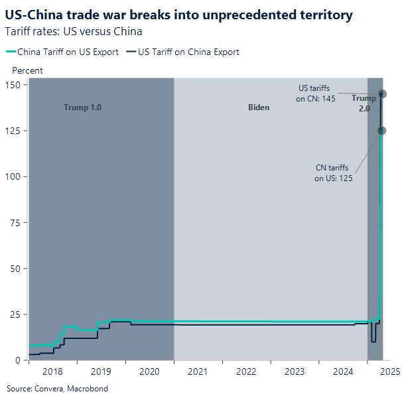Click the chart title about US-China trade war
[178, 15]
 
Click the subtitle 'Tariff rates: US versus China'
[74, 31]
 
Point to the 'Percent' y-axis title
[28, 70]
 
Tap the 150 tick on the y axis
[14, 85]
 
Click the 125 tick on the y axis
[14, 131]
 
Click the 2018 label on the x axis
[52, 372]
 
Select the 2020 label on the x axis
[149, 372]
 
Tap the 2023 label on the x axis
[295, 372]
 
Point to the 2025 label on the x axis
[389, 372]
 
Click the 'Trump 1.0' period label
[82, 107]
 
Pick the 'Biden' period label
[259, 107]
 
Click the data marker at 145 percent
[382, 94]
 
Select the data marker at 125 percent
[381, 131]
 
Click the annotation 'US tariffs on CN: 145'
[316, 93]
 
